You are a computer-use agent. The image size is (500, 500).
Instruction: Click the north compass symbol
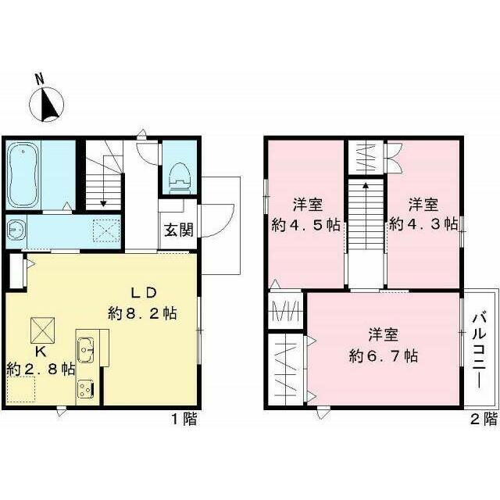(47, 104)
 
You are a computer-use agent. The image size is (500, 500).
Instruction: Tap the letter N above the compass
(40, 79)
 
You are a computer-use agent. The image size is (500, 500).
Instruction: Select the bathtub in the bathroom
(23, 175)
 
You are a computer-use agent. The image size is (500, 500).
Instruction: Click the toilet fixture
(180, 179)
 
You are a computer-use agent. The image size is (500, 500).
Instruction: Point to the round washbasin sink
(14, 229)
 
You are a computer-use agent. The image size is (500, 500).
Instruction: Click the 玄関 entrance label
(179, 230)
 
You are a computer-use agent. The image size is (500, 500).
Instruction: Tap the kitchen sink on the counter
(85, 350)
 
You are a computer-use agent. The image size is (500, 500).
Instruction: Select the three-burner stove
(85, 389)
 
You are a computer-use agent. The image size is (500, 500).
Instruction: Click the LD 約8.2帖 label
(142, 303)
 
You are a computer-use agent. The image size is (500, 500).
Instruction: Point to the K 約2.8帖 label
(41, 361)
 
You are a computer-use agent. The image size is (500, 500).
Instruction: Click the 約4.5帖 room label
(305, 226)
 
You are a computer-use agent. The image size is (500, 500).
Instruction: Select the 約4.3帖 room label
(423, 224)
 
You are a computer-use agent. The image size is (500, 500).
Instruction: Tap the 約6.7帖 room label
(384, 356)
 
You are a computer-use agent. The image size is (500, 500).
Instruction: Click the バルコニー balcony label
(479, 351)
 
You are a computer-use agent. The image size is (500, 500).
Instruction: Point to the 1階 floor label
(184, 419)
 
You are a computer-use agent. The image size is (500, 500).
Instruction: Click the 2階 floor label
(484, 419)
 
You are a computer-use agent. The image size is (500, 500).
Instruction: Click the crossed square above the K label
(42, 330)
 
